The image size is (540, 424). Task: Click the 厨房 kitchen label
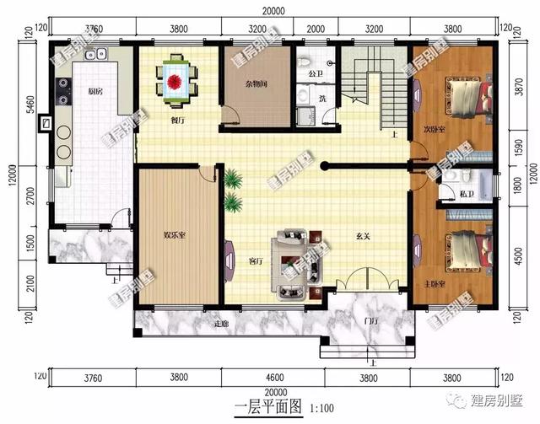click(x=95, y=91)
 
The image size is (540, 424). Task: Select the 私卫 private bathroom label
click(x=466, y=195)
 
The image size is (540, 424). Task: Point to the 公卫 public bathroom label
click(x=316, y=74)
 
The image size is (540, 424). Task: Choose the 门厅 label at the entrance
click(x=370, y=321)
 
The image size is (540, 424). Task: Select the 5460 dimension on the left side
click(x=30, y=106)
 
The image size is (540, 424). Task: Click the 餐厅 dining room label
click(x=177, y=121)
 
